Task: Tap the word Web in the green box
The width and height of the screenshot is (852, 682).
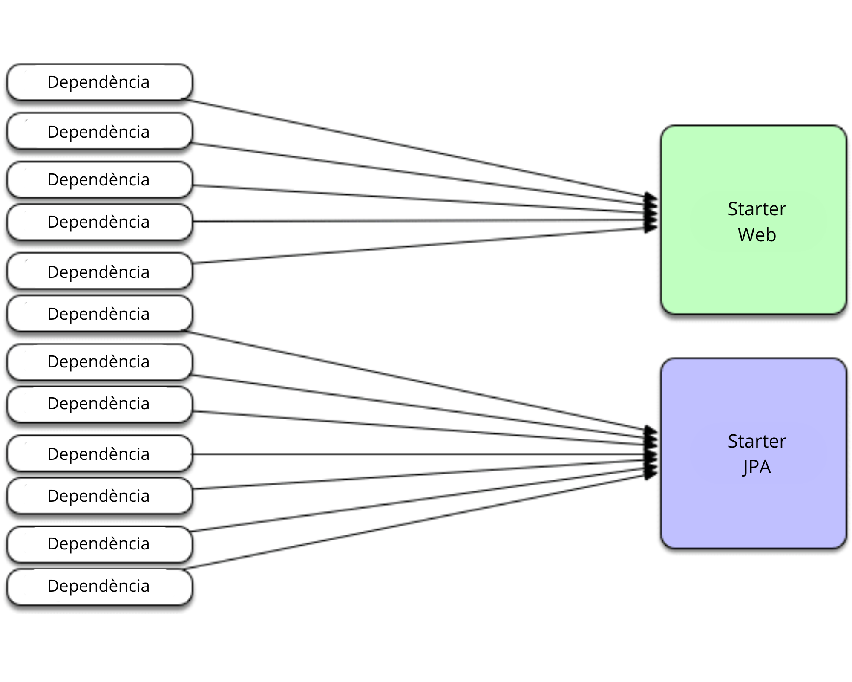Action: [x=757, y=235]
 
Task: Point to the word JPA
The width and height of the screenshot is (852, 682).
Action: [x=757, y=467]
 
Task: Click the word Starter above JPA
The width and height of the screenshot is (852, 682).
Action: [x=757, y=441]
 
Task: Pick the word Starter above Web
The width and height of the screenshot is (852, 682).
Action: [x=757, y=209]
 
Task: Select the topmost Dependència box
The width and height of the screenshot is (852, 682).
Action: [x=99, y=82]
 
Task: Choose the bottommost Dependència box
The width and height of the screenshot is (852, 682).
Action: [x=99, y=587]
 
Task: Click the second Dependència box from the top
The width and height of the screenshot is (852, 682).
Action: [x=99, y=132]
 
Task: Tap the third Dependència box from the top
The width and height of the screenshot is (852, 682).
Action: [x=99, y=179]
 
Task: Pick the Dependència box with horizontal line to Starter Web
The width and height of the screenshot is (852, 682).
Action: [x=99, y=222]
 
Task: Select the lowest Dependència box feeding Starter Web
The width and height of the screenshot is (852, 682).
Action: [x=99, y=272]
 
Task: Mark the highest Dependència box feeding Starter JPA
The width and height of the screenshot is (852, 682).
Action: [x=99, y=314]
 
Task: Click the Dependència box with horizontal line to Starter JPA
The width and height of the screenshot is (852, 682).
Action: [x=99, y=454]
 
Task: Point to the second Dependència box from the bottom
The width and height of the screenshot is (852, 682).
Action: [x=99, y=544]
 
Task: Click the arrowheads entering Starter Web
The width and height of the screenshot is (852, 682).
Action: [x=651, y=212]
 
